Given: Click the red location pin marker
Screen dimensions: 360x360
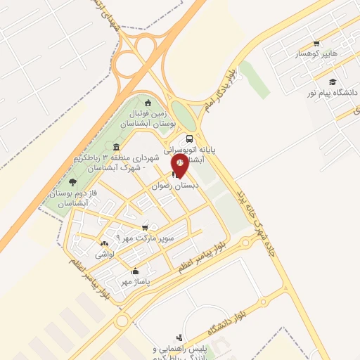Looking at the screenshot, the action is tap(179, 164).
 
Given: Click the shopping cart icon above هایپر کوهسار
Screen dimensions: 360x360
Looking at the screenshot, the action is tap(316, 42).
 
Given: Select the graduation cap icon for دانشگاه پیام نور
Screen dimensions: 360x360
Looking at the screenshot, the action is tap(332, 82).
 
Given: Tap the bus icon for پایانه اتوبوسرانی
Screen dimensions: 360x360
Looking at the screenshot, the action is tap(189, 139).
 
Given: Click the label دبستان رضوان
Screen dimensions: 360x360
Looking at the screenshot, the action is tap(177, 185).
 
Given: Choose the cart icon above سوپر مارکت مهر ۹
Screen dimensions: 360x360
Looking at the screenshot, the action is tap(145, 227).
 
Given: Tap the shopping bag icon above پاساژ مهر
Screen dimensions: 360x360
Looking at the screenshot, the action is tap(136, 271).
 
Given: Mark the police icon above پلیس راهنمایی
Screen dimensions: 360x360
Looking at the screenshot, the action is tap(179, 338).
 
